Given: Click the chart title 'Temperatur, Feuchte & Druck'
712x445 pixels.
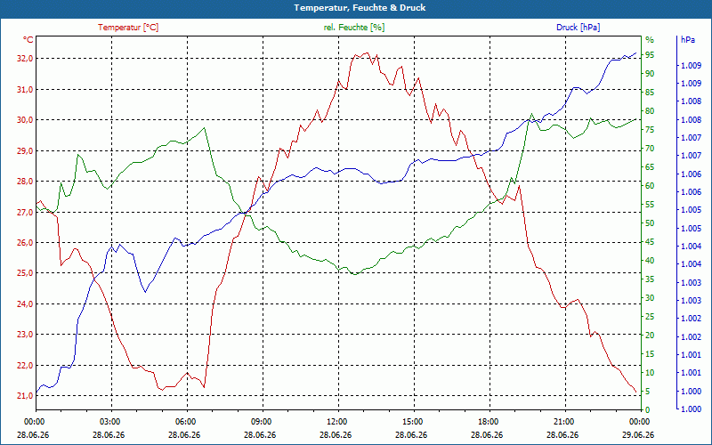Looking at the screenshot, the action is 360,8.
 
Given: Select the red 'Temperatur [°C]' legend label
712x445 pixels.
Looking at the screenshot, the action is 128,28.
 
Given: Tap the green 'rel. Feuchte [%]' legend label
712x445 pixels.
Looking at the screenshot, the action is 354,28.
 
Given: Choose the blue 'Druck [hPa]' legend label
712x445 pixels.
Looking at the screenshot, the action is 578,28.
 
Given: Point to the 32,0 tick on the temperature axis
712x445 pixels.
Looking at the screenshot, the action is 25,59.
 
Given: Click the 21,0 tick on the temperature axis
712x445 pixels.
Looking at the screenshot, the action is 25,395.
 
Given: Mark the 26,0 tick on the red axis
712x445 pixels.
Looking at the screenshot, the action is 25,242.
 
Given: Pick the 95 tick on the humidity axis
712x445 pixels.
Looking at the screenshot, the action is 650,55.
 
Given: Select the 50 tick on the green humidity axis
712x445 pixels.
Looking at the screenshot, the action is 650,223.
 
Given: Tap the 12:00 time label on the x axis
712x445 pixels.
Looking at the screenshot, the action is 336,421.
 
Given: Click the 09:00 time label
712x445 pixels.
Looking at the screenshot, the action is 261,421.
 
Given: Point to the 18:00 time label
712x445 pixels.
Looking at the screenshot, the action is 488,421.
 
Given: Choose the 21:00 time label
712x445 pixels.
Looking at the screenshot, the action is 563,421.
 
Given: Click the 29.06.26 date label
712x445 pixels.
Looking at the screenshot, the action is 638,434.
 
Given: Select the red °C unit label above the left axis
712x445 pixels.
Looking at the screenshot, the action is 28,40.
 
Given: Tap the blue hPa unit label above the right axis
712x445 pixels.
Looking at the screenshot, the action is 687,40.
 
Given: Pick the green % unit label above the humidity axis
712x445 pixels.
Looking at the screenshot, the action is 650,40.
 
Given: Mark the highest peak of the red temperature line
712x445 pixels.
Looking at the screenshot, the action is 367,53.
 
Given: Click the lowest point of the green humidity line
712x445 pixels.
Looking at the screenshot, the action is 354,274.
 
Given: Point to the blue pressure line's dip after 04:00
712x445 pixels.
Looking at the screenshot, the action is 145,292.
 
